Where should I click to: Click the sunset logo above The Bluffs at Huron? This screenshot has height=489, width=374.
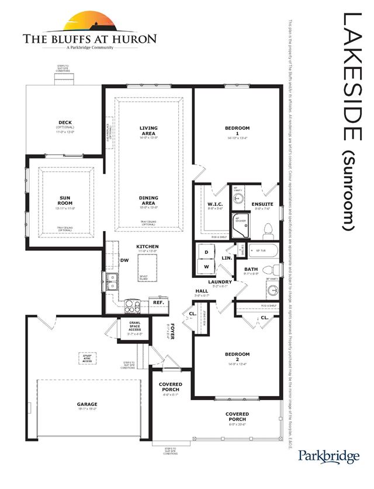[89, 22]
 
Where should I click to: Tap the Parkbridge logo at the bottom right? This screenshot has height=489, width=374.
[328, 455]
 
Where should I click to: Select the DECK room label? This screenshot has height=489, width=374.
[65, 123]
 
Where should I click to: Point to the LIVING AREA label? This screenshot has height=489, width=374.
[148, 130]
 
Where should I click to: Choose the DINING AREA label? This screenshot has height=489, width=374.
[148, 201]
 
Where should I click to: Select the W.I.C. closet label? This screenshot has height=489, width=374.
[213, 205]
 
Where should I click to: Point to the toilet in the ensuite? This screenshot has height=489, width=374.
[268, 229]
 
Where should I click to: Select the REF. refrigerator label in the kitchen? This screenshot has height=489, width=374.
[157, 303]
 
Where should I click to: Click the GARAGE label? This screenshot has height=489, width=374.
[87, 404]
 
